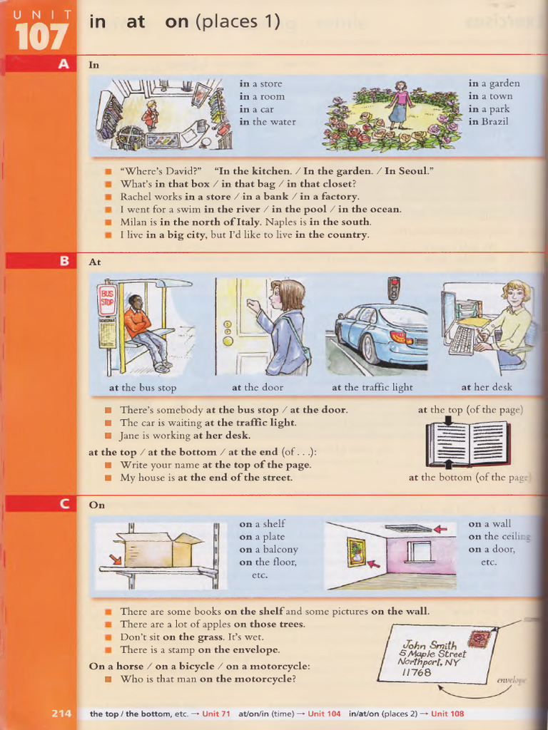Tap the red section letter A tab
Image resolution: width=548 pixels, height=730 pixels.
click(x=64, y=64)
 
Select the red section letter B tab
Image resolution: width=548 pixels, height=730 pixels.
click(x=64, y=261)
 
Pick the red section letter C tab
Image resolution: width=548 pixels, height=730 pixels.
click(x=64, y=504)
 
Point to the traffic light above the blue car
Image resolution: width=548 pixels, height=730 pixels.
click(x=393, y=289)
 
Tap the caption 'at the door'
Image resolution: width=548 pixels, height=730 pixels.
click(x=257, y=388)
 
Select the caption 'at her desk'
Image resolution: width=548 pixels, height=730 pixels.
click(x=487, y=388)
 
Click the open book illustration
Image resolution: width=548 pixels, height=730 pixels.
click(x=467, y=443)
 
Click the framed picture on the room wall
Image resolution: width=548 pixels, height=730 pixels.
click(x=356, y=552)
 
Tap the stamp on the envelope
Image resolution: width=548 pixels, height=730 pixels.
click(x=479, y=638)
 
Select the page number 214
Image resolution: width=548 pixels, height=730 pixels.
click(x=61, y=713)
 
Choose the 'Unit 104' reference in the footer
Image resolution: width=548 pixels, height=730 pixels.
click(x=324, y=714)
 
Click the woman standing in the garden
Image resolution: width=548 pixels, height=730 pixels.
click(x=400, y=105)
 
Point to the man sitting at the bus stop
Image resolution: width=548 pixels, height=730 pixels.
click(x=144, y=332)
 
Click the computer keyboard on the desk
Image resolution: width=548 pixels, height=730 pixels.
click(x=462, y=340)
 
